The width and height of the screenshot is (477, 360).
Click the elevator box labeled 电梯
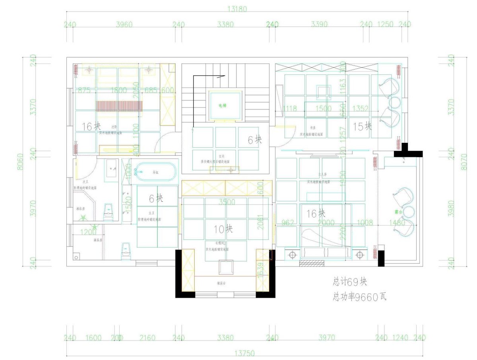pyautogui.click(x=225, y=105)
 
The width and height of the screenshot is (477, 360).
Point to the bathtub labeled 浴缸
pyautogui.click(x=155, y=173)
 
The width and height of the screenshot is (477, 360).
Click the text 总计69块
pyautogui.click(x=350, y=282)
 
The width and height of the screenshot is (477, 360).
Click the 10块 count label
pyautogui.click(x=224, y=229)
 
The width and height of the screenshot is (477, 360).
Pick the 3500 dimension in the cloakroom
pyautogui.click(x=227, y=202)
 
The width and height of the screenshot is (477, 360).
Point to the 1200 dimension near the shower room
pyautogui.click(x=88, y=232)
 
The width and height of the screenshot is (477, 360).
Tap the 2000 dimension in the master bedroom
pyautogui.click(x=326, y=222)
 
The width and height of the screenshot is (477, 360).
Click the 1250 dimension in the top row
pyautogui.click(x=385, y=24)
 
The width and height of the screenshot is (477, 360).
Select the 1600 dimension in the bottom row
pyautogui.click(x=94, y=338)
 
